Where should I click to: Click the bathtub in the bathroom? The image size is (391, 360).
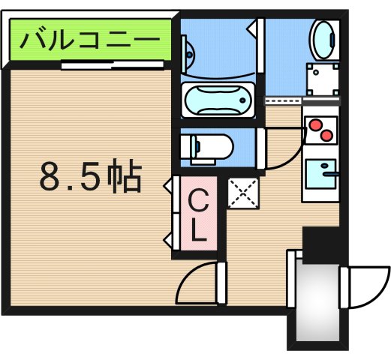coord(218,98)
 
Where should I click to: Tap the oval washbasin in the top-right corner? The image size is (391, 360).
coord(324,36)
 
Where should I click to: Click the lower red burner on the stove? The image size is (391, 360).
coord(326,136)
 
